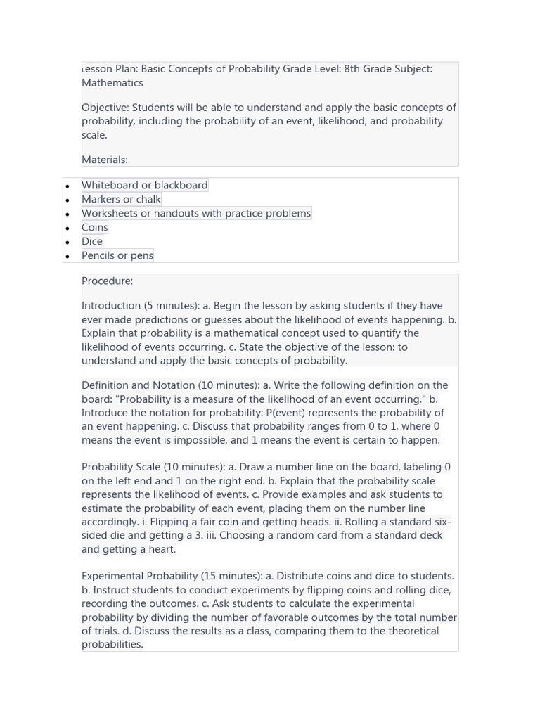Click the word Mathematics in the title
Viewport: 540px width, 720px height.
coord(112,83)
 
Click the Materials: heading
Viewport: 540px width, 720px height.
coord(105,160)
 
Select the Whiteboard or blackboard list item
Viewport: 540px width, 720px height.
coord(144,185)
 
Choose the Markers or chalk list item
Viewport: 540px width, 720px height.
coord(121,199)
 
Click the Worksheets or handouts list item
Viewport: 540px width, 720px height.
coord(195,213)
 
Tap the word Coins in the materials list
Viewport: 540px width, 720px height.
coord(95,227)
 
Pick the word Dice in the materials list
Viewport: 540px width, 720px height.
coord(92,241)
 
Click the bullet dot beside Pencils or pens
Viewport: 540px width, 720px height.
coord(67,257)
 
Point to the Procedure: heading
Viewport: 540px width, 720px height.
coord(107,281)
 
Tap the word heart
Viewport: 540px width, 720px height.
coord(160,549)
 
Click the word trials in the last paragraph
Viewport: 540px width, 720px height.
coord(110,631)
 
